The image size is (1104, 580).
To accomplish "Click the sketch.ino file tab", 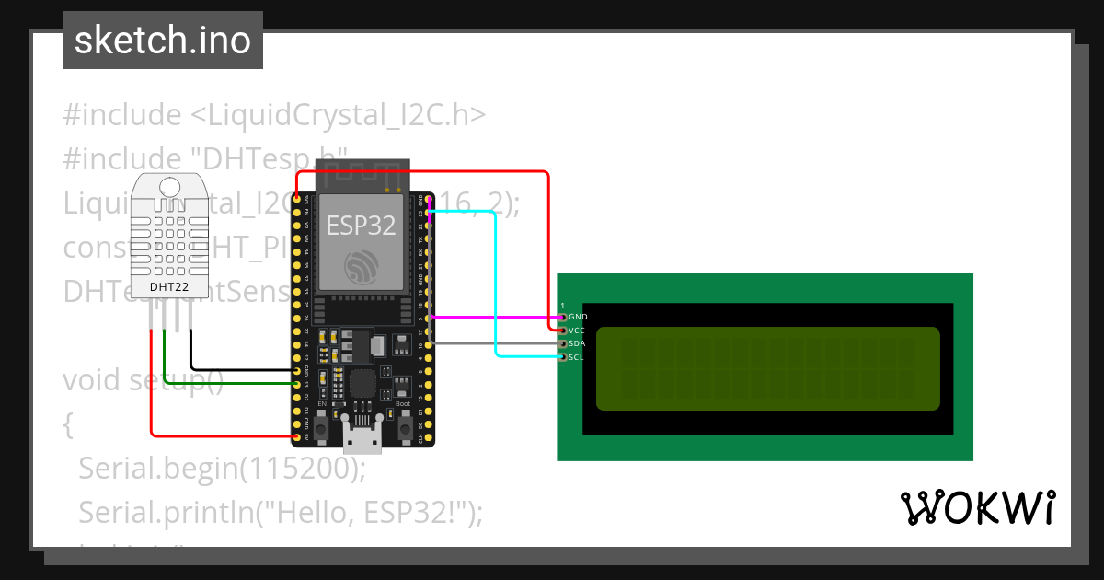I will [162, 41].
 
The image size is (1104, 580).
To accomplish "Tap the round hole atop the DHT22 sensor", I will [170, 187].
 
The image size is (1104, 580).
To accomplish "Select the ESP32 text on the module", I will [361, 226].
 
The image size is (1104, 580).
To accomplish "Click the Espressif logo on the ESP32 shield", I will [361, 268].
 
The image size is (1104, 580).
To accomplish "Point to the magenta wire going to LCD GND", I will [497, 317].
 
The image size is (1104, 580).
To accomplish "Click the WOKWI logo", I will [978, 507].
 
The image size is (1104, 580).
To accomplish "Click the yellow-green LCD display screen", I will [767, 368].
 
